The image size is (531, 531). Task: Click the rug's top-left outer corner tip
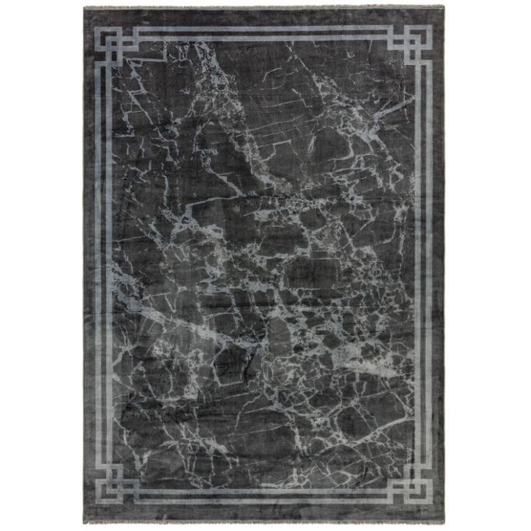click(84, 8)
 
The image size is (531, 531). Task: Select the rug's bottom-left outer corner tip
click(84, 523)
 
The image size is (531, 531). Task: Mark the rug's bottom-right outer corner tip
click(445, 523)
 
